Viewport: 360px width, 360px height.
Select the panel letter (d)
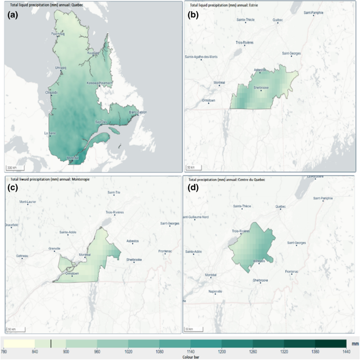193,186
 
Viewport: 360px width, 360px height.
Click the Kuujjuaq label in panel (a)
93,53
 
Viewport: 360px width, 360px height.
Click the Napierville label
216,291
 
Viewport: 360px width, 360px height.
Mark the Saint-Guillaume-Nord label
197,217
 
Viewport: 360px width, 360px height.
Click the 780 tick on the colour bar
4,352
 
